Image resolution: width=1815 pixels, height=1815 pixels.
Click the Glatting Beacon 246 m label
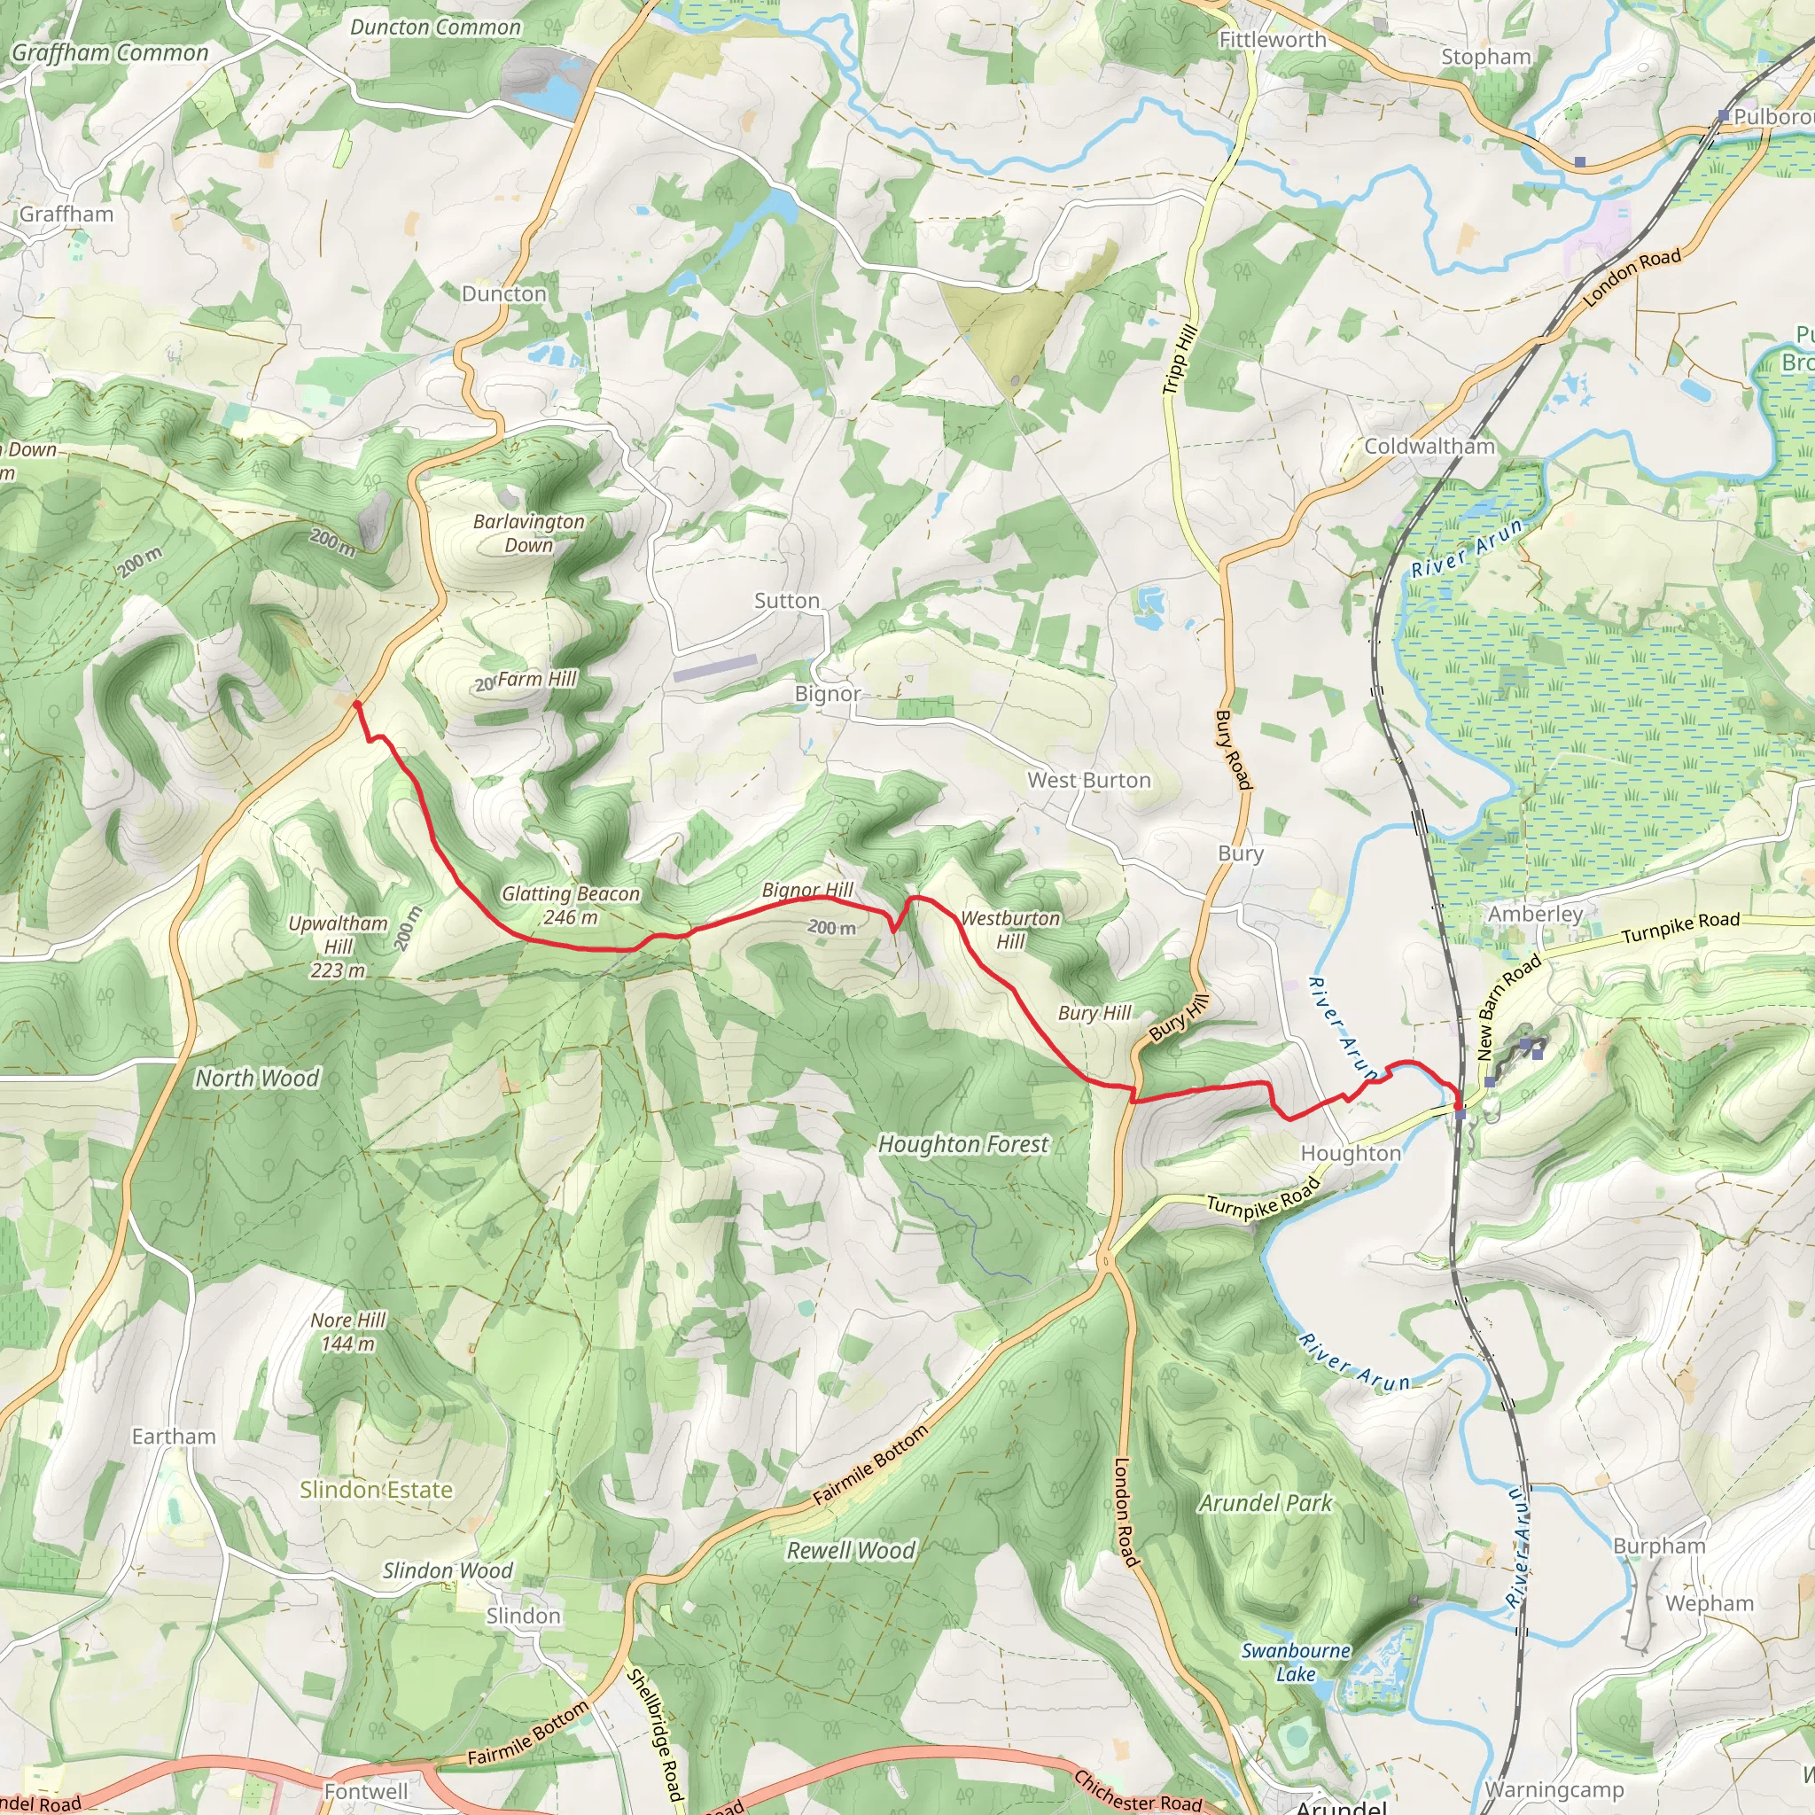coord(570,906)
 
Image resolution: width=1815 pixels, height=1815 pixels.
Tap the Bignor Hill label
coord(807,890)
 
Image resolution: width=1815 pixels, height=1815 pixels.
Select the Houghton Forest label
coord(963,1144)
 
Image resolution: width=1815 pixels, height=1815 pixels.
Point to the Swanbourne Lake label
coord(1296,1662)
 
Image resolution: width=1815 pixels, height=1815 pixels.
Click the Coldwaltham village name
coord(1429,447)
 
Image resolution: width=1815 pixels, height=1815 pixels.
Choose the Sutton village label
coord(786,600)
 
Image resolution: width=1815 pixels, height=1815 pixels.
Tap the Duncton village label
coord(503,294)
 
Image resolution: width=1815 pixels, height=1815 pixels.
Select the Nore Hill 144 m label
coord(348,1332)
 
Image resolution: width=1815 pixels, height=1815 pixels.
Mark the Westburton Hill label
coord(1010,929)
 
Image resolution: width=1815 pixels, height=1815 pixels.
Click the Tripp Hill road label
coord(1179,359)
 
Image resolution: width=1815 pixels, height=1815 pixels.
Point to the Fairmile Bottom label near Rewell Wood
coord(870,1465)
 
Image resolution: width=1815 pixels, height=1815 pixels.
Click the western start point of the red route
coord(357,704)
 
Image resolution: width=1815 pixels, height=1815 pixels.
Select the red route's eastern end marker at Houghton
coord(1459,1113)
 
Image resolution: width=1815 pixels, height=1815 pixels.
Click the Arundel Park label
coord(1265,1503)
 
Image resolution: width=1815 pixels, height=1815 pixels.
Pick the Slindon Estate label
coord(376,1490)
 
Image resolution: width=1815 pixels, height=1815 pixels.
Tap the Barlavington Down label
coord(529,533)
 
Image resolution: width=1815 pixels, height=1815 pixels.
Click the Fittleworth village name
coord(1272,40)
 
